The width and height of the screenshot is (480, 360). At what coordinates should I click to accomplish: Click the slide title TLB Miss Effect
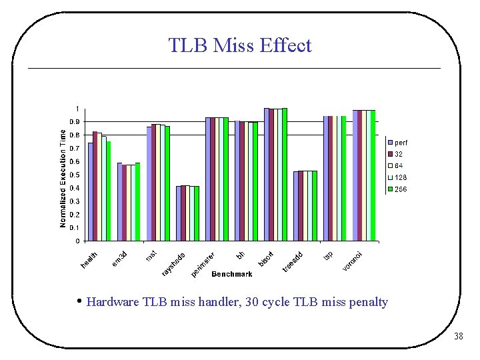coord(239,45)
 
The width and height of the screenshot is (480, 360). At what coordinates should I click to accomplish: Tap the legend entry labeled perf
coord(401,142)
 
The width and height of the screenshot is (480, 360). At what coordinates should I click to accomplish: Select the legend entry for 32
coord(398,154)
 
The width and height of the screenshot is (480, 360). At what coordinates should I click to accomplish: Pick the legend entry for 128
coord(400,178)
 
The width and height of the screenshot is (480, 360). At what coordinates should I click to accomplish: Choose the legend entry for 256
coord(400,190)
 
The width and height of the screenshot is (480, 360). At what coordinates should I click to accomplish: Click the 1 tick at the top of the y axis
coord(77,109)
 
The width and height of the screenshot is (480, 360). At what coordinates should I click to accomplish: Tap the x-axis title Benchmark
coord(232,274)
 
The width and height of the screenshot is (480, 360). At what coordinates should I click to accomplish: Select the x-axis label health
coord(89,261)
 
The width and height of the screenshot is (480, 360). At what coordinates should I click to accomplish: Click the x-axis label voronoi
coord(353,261)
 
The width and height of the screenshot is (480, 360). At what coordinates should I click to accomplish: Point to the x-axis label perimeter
coord(203,264)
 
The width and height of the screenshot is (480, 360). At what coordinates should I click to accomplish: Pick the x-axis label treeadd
coord(293,261)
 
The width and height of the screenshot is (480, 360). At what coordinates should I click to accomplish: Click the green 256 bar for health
coord(109,191)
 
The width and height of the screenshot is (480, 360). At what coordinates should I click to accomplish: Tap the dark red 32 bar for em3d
coord(125,203)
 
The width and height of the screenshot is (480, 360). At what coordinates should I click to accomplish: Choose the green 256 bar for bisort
coord(285,175)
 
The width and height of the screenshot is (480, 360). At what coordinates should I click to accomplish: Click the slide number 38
coord(458,337)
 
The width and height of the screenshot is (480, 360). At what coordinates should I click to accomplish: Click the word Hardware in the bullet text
coord(113,302)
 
